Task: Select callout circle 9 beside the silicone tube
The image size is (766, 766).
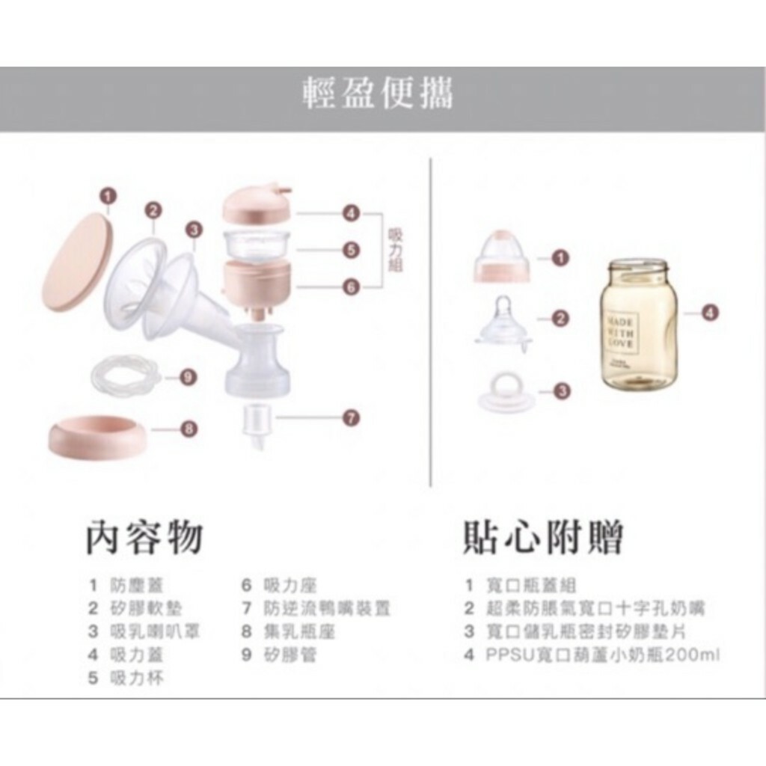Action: click(189, 377)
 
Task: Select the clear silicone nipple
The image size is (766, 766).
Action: click(503, 322)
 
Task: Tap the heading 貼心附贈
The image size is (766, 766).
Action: click(543, 536)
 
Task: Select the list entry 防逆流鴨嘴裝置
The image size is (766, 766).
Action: click(327, 608)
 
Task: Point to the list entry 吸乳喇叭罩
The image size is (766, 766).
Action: click(154, 631)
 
